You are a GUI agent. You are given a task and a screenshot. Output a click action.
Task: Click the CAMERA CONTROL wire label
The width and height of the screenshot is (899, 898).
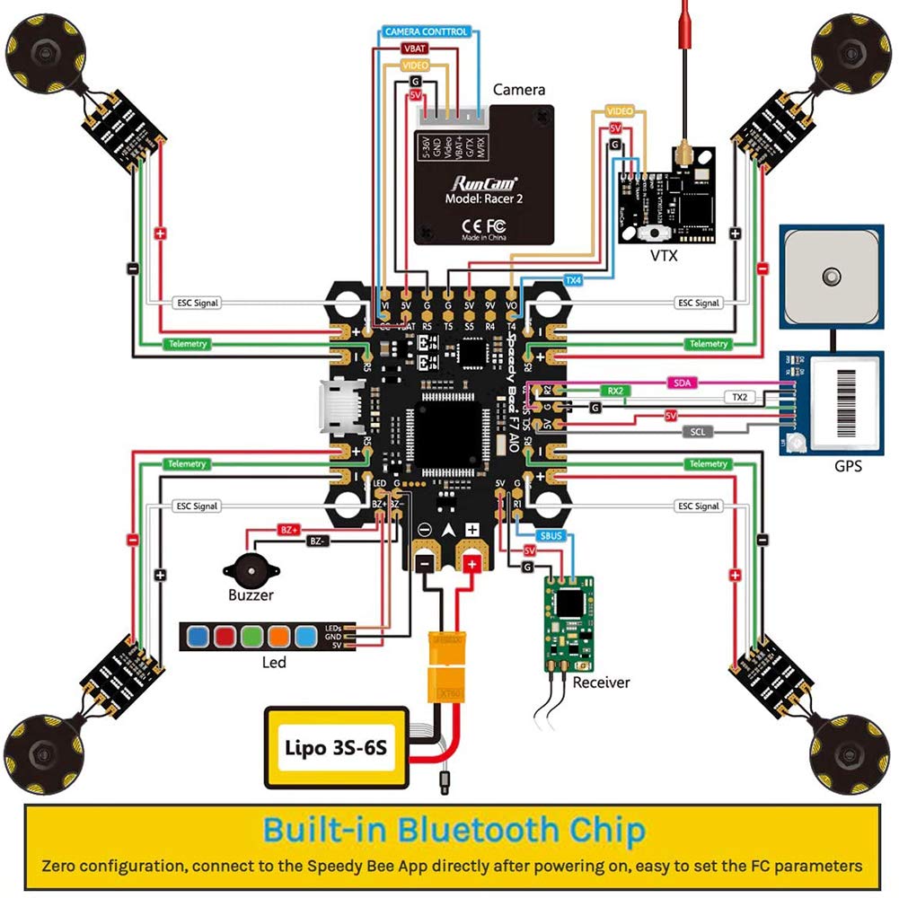click(426, 31)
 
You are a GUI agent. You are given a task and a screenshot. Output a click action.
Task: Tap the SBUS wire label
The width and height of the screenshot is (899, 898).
click(550, 535)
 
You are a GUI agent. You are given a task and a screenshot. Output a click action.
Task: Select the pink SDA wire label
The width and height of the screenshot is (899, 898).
click(682, 383)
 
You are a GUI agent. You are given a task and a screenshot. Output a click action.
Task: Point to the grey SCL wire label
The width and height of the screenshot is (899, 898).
click(699, 432)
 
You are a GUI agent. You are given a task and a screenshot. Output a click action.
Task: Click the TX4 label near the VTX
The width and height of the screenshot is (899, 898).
click(573, 280)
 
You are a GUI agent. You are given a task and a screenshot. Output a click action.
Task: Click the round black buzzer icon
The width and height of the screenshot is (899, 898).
click(244, 569)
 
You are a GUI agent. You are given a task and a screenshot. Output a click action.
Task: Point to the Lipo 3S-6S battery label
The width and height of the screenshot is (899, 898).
click(335, 746)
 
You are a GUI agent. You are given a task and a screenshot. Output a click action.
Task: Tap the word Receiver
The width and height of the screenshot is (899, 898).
click(601, 682)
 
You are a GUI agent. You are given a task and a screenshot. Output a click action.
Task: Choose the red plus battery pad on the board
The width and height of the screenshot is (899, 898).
click(472, 563)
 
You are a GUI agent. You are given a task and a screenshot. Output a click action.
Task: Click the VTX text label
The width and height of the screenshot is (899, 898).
click(664, 257)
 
